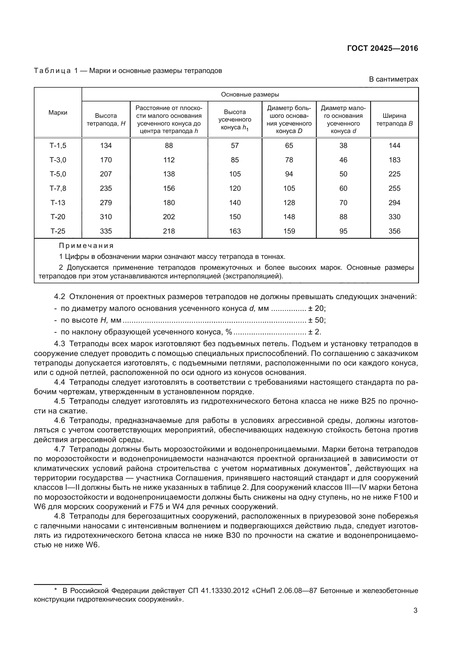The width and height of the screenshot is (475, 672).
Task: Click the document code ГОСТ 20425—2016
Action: click(x=382, y=49)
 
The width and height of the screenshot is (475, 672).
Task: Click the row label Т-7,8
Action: click(x=58, y=188)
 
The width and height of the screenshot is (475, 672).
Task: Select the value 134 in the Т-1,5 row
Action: click(x=106, y=145)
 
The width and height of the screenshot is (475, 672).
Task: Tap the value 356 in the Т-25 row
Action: click(x=394, y=231)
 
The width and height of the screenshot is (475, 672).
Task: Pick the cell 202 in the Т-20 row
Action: click(x=169, y=217)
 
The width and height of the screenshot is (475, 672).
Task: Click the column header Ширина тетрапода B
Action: click(x=394, y=120)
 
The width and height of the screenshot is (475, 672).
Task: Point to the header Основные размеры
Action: click(x=250, y=95)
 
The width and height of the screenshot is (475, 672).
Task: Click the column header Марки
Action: click(x=58, y=113)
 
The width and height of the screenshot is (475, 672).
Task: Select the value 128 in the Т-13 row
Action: click(x=289, y=203)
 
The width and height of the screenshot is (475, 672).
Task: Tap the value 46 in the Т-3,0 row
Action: click(x=343, y=160)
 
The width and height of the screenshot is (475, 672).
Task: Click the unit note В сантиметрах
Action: click(x=393, y=79)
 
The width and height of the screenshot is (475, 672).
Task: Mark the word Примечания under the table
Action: click(x=86, y=246)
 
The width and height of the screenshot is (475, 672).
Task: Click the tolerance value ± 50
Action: click(x=317, y=320)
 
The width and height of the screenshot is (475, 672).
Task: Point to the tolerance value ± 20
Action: click(x=317, y=309)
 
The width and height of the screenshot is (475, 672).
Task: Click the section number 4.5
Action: click(x=59, y=401)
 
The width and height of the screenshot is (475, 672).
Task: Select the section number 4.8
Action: click(x=59, y=516)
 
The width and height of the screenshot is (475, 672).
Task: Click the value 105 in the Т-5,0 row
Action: click(x=235, y=174)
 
